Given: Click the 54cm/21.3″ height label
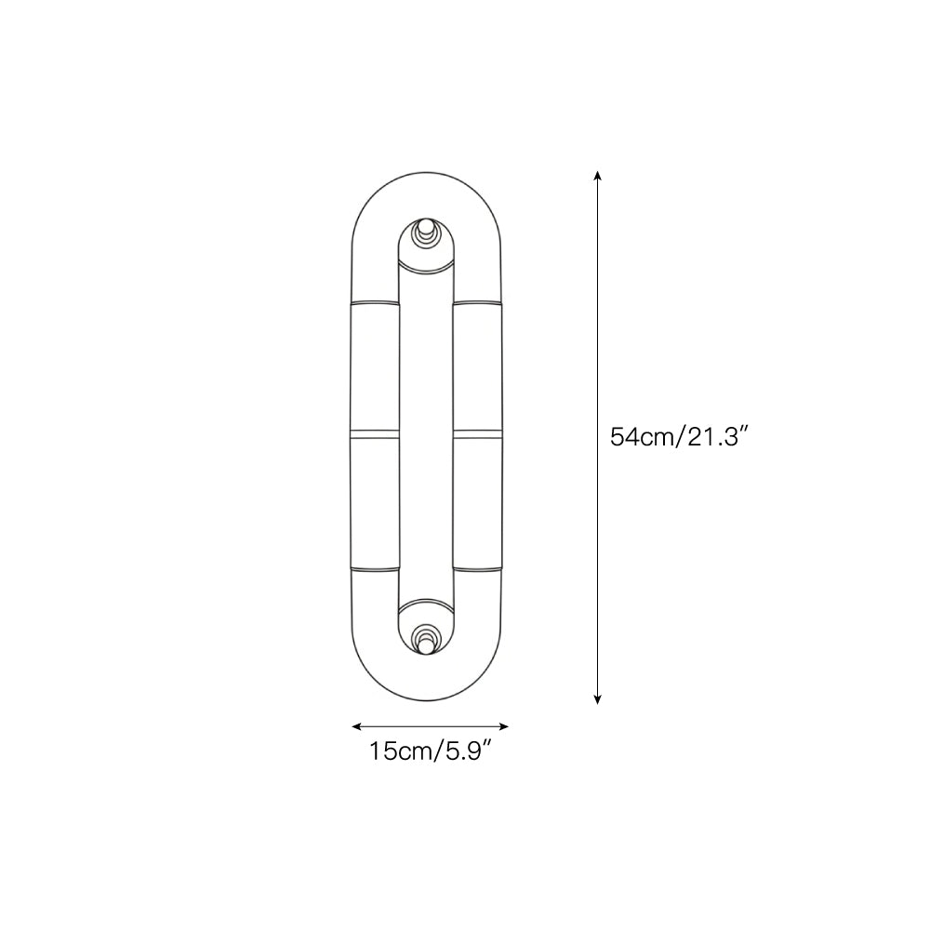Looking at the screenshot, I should pyautogui.click(x=679, y=436).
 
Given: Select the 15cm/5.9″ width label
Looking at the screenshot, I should pyautogui.click(x=430, y=751).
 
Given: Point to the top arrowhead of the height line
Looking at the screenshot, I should pyautogui.click(x=597, y=175).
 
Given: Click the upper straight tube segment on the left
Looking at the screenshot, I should pyautogui.click(x=374, y=366).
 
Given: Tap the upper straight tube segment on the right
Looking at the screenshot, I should pyautogui.click(x=478, y=366).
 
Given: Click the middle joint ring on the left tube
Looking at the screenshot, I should pyautogui.click(x=374, y=433).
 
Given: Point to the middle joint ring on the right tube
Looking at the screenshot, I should pyautogui.click(x=478, y=433).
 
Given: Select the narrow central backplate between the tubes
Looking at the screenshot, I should pyautogui.click(x=426, y=433).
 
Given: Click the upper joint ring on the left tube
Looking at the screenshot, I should pyautogui.click(x=374, y=301).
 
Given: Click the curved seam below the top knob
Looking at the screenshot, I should pyautogui.click(x=426, y=270).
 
